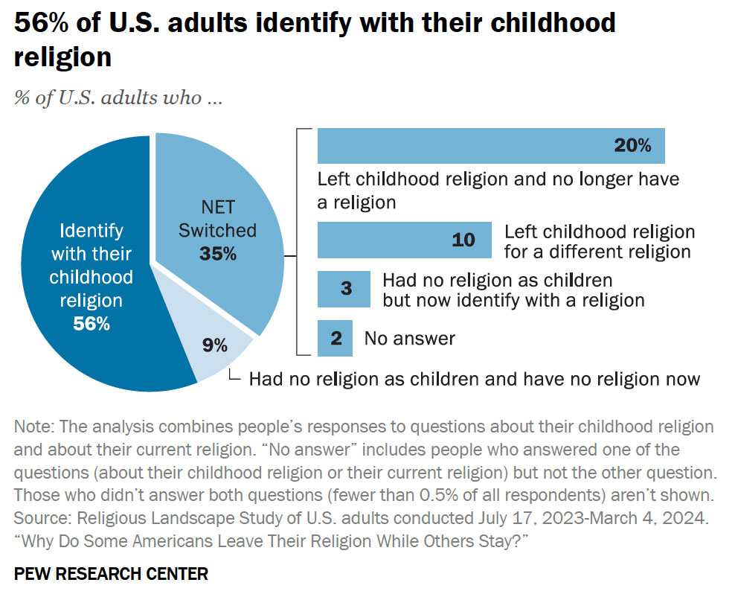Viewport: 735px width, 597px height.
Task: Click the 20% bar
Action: (x=490, y=145)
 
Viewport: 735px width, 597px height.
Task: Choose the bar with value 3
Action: (x=344, y=289)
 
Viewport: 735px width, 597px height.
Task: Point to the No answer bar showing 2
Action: (x=335, y=338)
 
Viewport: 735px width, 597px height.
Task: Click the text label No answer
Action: (x=409, y=338)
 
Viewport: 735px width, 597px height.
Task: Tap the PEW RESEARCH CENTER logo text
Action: (x=111, y=573)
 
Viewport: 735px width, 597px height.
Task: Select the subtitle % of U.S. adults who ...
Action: (x=118, y=98)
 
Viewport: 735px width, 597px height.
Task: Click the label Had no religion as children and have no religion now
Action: (x=474, y=379)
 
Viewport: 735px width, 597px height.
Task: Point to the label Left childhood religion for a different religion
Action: (x=599, y=241)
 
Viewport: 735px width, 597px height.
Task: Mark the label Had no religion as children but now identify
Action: (x=513, y=290)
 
